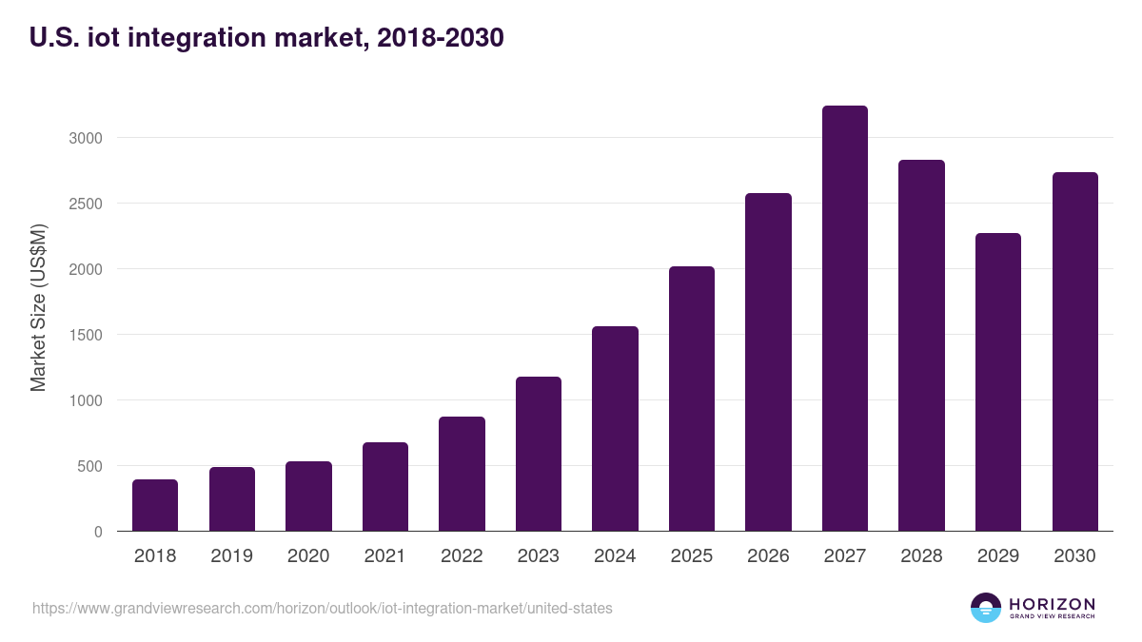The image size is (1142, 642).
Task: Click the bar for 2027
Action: tap(844, 319)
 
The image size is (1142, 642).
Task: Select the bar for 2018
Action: tap(155, 505)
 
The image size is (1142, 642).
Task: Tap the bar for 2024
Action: tap(615, 429)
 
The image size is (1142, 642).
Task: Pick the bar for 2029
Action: tap(997, 382)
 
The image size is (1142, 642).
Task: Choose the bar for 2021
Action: tap(384, 487)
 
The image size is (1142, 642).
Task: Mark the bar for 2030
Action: tap(1074, 352)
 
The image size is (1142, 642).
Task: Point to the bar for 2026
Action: tap(768, 362)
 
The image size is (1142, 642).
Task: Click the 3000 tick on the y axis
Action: tap(85, 138)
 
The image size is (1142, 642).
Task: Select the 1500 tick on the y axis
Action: tap(85, 335)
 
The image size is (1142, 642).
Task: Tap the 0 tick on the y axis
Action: tap(98, 532)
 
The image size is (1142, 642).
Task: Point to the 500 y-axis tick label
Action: tap(89, 466)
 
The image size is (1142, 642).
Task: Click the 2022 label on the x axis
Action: tap(462, 556)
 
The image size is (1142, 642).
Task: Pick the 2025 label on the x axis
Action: tap(691, 556)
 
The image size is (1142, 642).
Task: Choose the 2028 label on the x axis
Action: tap(921, 556)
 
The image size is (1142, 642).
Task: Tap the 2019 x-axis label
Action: tap(231, 556)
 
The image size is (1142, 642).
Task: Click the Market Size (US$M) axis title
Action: tap(38, 307)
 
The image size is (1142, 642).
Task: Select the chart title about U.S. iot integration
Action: tap(266, 38)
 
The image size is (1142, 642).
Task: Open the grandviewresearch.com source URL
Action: tap(322, 608)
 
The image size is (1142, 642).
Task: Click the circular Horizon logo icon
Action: tap(986, 608)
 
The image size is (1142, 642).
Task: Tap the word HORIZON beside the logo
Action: tap(1052, 603)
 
